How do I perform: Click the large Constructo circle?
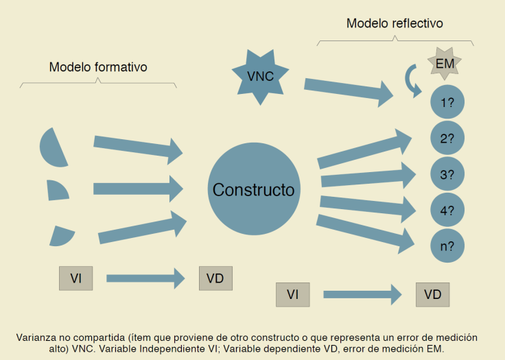pos(252,189)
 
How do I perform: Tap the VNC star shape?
pos(259,76)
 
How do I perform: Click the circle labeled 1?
pos(447,103)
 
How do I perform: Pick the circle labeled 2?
pos(447,139)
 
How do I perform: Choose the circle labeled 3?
pos(447,175)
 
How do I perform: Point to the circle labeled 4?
pos(447,211)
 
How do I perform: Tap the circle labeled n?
pos(447,246)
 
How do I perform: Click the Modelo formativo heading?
pos(98,67)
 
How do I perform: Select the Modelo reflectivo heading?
pos(395,23)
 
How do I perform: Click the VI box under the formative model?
pos(75,278)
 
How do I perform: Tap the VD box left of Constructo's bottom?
pos(215,278)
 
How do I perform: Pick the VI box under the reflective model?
pos(292,294)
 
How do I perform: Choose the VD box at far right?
pos(432,294)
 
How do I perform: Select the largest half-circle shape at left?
pos(54,147)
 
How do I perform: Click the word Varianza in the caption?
pos(35,338)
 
